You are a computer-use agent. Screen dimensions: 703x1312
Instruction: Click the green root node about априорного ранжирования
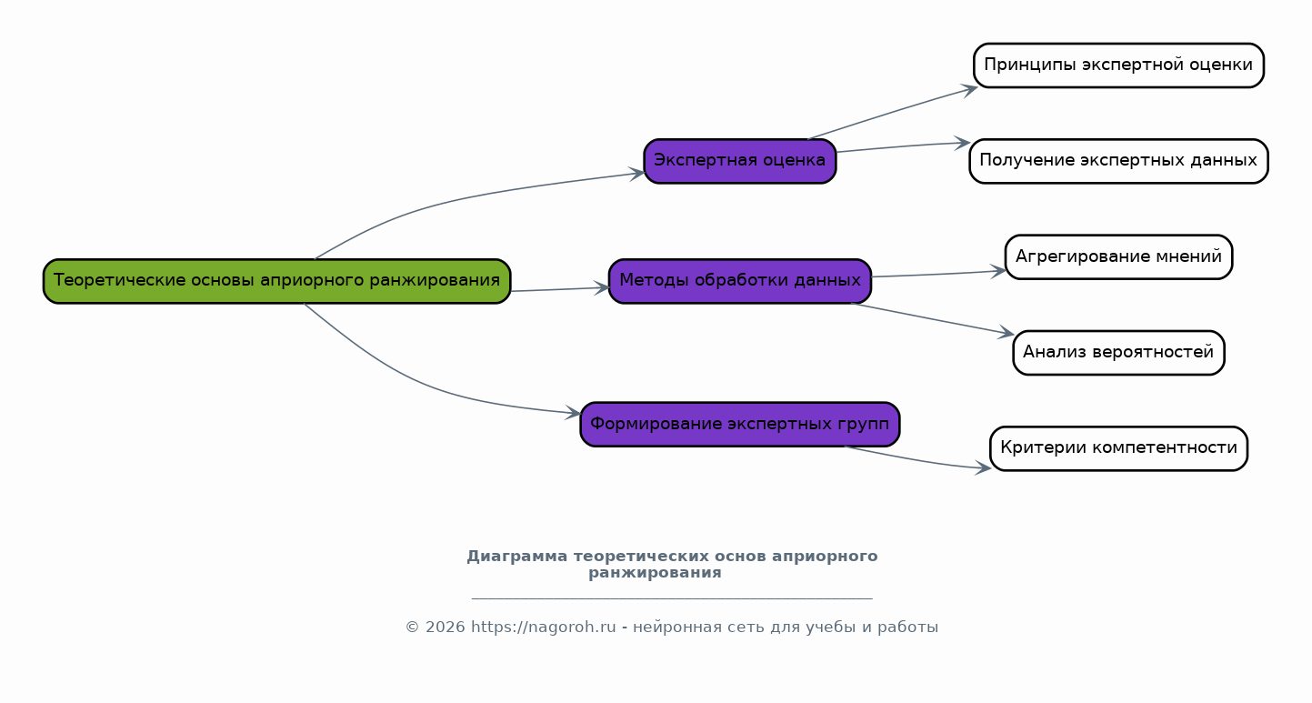tap(276, 281)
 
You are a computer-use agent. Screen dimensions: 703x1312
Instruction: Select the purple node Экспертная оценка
tap(739, 161)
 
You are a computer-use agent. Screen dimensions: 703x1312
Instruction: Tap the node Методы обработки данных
tap(739, 281)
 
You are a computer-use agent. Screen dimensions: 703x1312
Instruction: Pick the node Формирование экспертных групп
tap(739, 424)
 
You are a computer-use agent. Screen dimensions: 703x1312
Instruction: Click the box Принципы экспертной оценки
tap(1117, 65)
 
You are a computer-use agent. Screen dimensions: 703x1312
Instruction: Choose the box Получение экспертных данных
tap(1117, 161)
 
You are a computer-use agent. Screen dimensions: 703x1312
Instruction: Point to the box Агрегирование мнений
tap(1117, 256)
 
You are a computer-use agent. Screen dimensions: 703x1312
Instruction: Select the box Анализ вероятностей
tap(1117, 353)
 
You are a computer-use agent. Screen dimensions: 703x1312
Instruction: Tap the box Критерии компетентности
tap(1117, 448)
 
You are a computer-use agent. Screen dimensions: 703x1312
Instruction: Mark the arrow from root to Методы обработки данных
tap(559, 289)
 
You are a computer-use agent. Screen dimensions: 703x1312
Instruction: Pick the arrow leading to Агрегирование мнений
tap(936, 274)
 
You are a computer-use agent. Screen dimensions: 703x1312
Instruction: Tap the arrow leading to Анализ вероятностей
tap(932, 319)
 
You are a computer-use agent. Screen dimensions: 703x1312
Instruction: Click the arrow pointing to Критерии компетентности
tap(918, 460)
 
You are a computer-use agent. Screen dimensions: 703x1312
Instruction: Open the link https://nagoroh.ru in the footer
tap(543, 628)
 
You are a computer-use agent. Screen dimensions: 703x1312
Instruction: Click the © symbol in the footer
tap(411, 628)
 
